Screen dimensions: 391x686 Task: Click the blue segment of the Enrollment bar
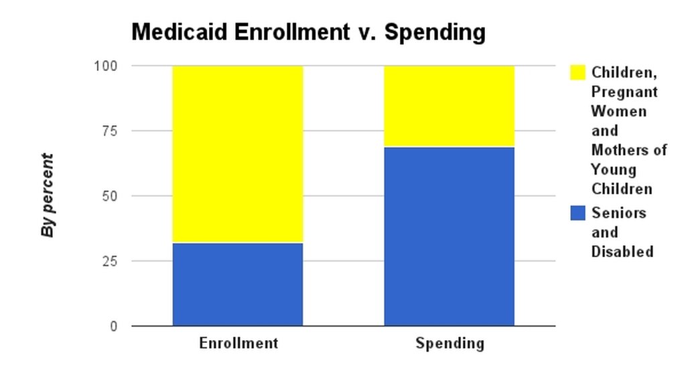pos(238,284)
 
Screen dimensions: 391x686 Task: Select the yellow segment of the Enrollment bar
pos(238,154)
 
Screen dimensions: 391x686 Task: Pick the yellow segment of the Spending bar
pos(449,106)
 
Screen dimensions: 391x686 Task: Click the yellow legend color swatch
pos(577,72)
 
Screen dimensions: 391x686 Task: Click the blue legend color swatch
pos(577,213)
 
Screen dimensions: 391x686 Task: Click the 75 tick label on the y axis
pos(109,131)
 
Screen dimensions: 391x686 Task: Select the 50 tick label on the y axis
pos(109,196)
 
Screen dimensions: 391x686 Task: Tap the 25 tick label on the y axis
pos(109,261)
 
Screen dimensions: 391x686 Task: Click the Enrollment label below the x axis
pos(238,343)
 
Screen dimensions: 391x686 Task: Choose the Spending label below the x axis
pos(449,344)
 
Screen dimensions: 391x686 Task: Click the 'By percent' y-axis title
pos(48,195)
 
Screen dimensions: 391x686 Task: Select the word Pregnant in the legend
pos(624,92)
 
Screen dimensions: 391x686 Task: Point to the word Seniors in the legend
pos(618,213)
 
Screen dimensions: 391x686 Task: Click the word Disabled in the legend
pos(622,252)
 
